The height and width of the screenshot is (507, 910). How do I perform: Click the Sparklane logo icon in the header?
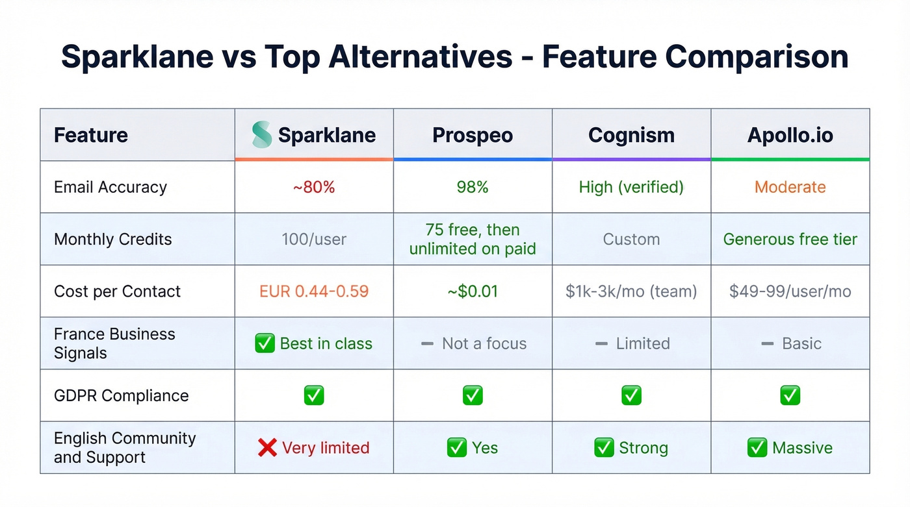(x=262, y=135)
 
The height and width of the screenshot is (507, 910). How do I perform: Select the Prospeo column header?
(x=473, y=135)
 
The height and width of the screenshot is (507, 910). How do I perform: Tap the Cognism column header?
(x=631, y=135)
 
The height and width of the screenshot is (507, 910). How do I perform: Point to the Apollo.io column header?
(x=790, y=135)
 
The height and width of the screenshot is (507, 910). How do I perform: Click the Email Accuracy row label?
(x=110, y=187)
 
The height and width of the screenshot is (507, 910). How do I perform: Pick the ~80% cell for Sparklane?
(x=314, y=187)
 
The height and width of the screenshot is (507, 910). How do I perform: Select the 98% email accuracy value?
(x=473, y=187)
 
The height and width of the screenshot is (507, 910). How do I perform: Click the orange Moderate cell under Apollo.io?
(x=790, y=187)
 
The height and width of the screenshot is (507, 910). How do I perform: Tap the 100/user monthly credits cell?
(x=314, y=239)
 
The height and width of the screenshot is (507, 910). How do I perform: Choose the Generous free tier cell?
(x=790, y=239)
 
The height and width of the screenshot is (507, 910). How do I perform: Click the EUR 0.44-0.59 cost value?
(x=314, y=291)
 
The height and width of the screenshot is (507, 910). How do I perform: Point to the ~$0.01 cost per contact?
(x=473, y=291)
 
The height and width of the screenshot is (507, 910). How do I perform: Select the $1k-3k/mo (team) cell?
(x=631, y=291)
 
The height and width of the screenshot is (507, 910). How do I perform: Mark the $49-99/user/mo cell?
(x=790, y=291)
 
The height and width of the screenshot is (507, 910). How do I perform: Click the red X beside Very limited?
(x=267, y=447)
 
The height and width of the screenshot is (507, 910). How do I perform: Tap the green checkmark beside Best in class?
(x=265, y=343)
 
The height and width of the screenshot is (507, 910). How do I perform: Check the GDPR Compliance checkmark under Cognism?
(x=631, y=395)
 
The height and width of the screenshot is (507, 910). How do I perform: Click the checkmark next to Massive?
(x=757, y=447)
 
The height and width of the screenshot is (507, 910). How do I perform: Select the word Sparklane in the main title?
(x=137, y=57)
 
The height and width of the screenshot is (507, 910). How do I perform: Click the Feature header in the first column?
(x=91, y=135)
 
